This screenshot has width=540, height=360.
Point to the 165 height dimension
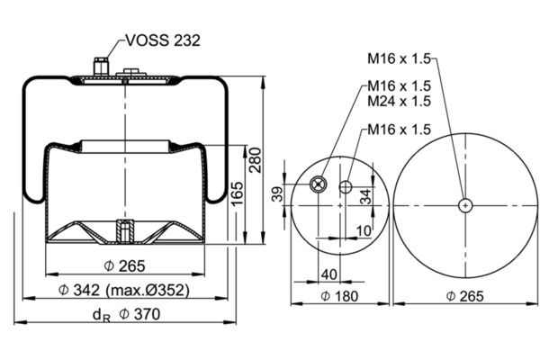pyautogui.click(x=236, y=193)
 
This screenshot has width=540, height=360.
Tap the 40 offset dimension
pyautogui.click(x=328, y=274)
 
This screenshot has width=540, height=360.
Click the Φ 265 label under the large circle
pyautogui.click(x=464, y=296)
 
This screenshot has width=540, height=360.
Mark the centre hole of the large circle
pyautogui.click(x=464, y=205)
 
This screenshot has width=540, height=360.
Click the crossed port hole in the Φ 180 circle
pyautogui.click(x=317, y=184)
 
